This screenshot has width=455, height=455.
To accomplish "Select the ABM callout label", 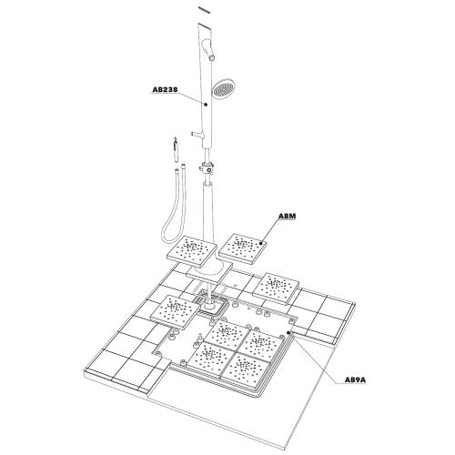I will point(288,217).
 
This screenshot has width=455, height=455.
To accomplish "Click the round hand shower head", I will point(221,90).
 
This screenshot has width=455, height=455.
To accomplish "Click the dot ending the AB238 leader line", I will point(207,105).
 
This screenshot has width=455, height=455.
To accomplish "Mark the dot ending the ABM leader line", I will point(262,243).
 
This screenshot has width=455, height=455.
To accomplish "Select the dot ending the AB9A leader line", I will point(288,335).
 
